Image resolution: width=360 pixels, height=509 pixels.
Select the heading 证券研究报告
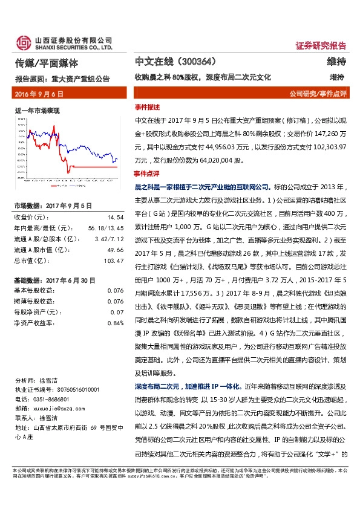[321, 46]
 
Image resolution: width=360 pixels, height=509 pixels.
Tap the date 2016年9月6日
[38, 94]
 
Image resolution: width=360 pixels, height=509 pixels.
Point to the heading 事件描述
[147, 106]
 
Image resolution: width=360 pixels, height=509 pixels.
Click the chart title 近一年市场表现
[36, 111]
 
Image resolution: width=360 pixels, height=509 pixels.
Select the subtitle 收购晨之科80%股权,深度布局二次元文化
[203, 77]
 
